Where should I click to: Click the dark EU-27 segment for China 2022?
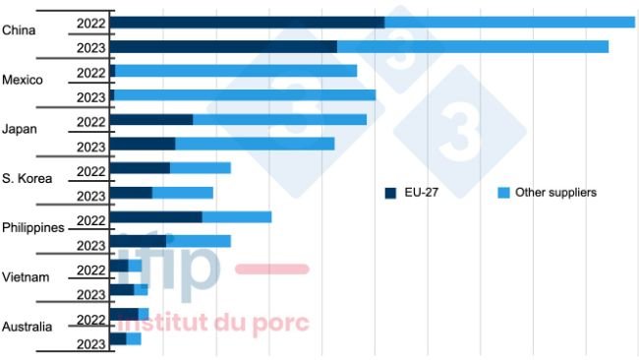246,22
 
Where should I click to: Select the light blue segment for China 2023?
472,46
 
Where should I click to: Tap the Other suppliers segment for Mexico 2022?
236,71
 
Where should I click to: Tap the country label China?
19,30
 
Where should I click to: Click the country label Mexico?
23,80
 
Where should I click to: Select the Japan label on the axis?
20,129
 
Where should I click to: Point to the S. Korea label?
27,178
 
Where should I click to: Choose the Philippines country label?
32,227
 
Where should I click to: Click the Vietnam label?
25,276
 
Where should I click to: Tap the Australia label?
27,326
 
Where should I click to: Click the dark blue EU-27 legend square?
390,193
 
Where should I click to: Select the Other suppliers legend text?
555,193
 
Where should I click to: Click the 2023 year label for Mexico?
90,96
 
